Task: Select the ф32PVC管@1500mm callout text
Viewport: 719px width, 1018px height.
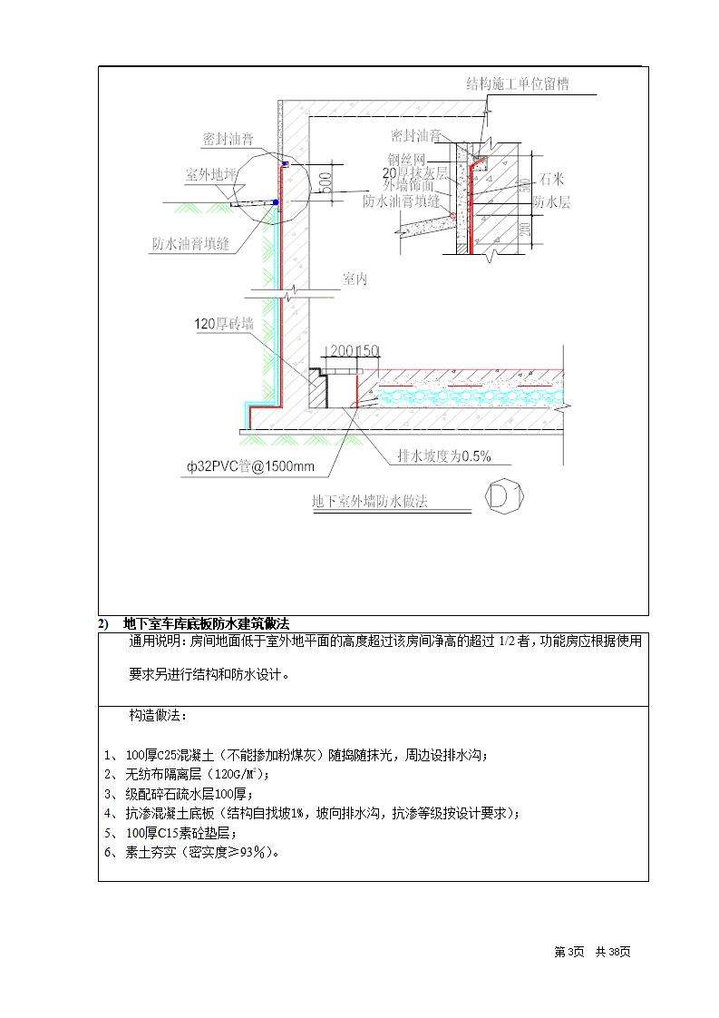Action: (x=252, y=467)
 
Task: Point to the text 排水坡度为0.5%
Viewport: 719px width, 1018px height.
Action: (x=444, y=456)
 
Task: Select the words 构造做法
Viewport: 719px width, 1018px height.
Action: (x=159, y=716)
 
